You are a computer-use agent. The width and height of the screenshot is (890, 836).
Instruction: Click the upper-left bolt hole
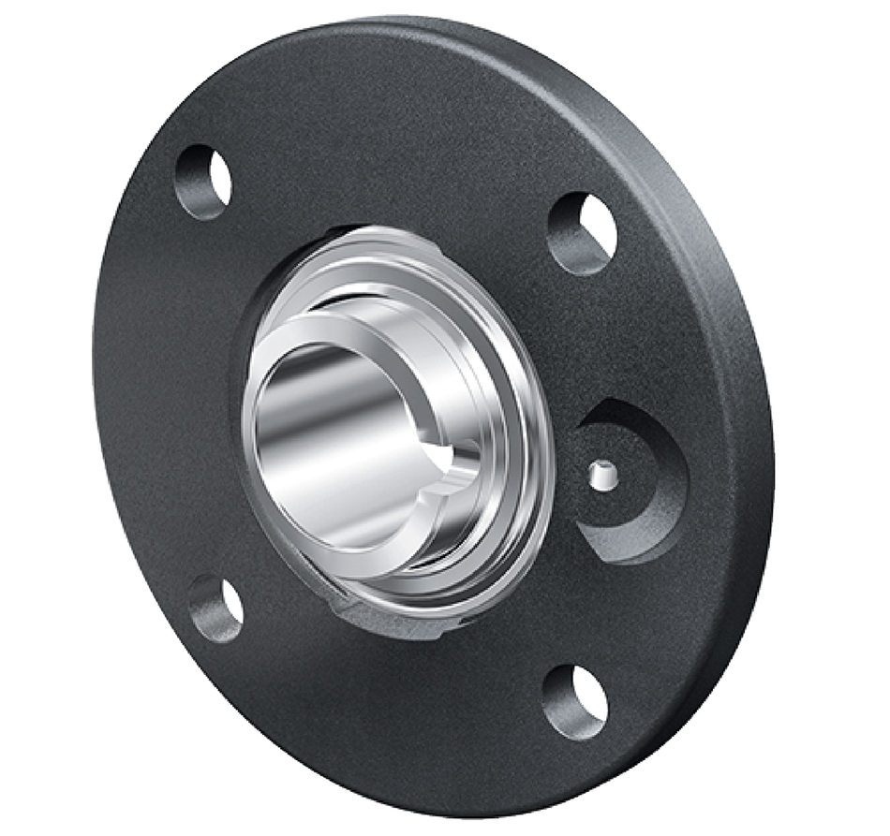pyautogui.click(x=203, y=182)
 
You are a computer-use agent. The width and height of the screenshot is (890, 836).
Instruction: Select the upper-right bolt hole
pyautogui.click(x=582, y=232)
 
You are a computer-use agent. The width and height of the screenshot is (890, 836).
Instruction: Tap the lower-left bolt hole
pyautogui.click(x=215, y=609)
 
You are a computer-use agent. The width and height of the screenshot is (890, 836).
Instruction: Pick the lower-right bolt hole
pyautogui.click(x=574, y=701)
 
